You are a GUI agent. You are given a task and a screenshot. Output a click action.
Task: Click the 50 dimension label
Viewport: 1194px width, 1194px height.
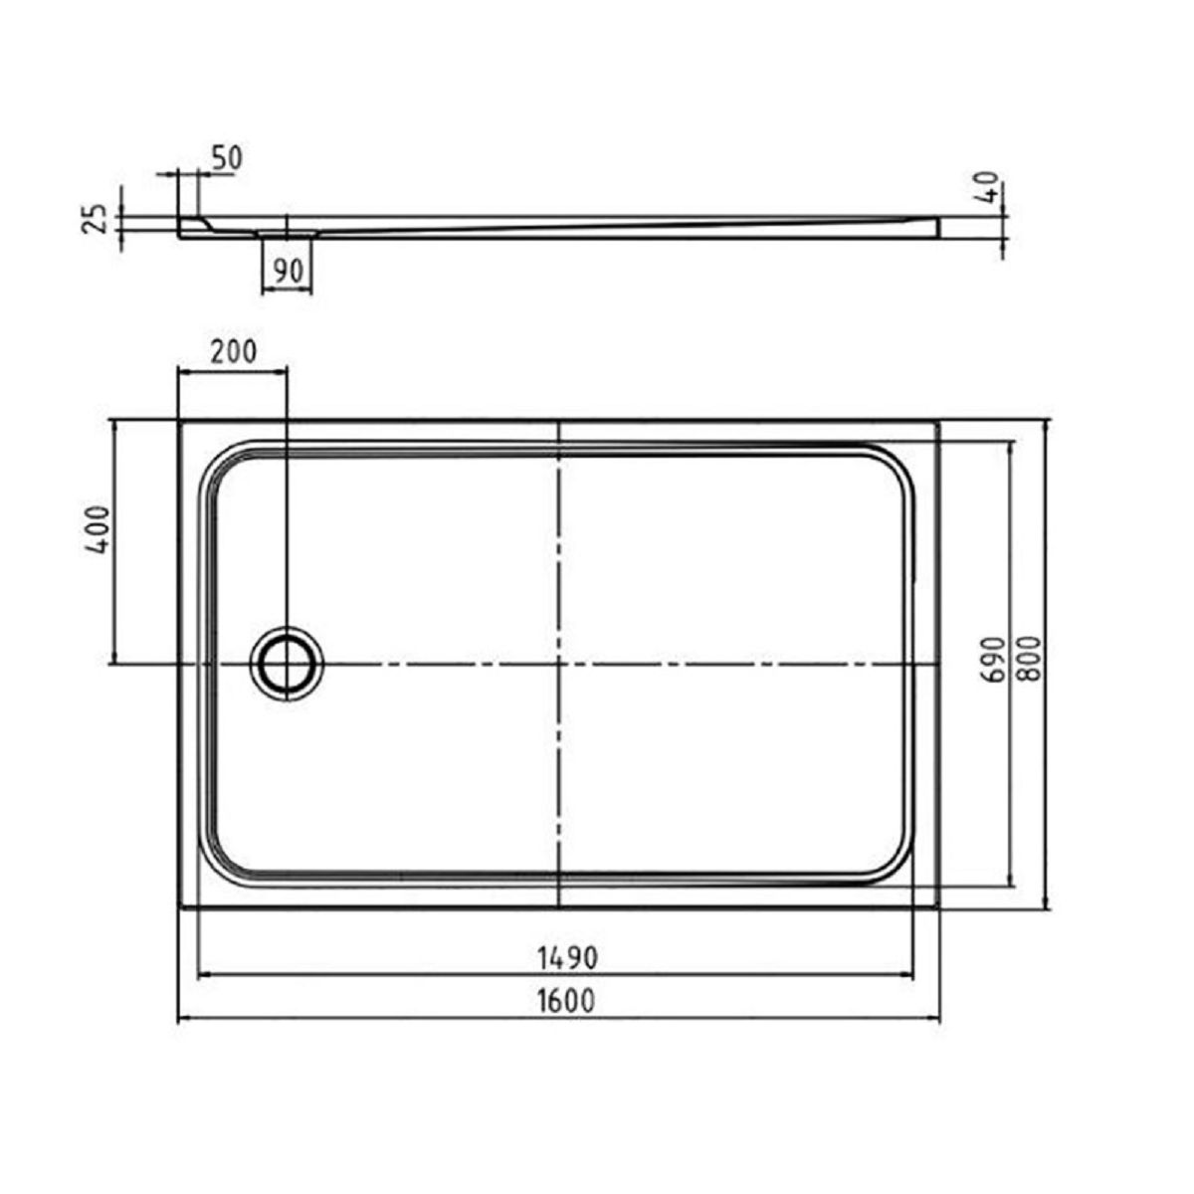227,158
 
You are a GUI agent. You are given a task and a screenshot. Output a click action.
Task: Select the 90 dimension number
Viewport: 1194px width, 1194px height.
289,271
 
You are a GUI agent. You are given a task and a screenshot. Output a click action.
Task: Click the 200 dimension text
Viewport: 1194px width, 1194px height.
233,352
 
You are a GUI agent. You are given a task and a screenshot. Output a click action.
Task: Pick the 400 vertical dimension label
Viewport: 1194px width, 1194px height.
98,529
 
